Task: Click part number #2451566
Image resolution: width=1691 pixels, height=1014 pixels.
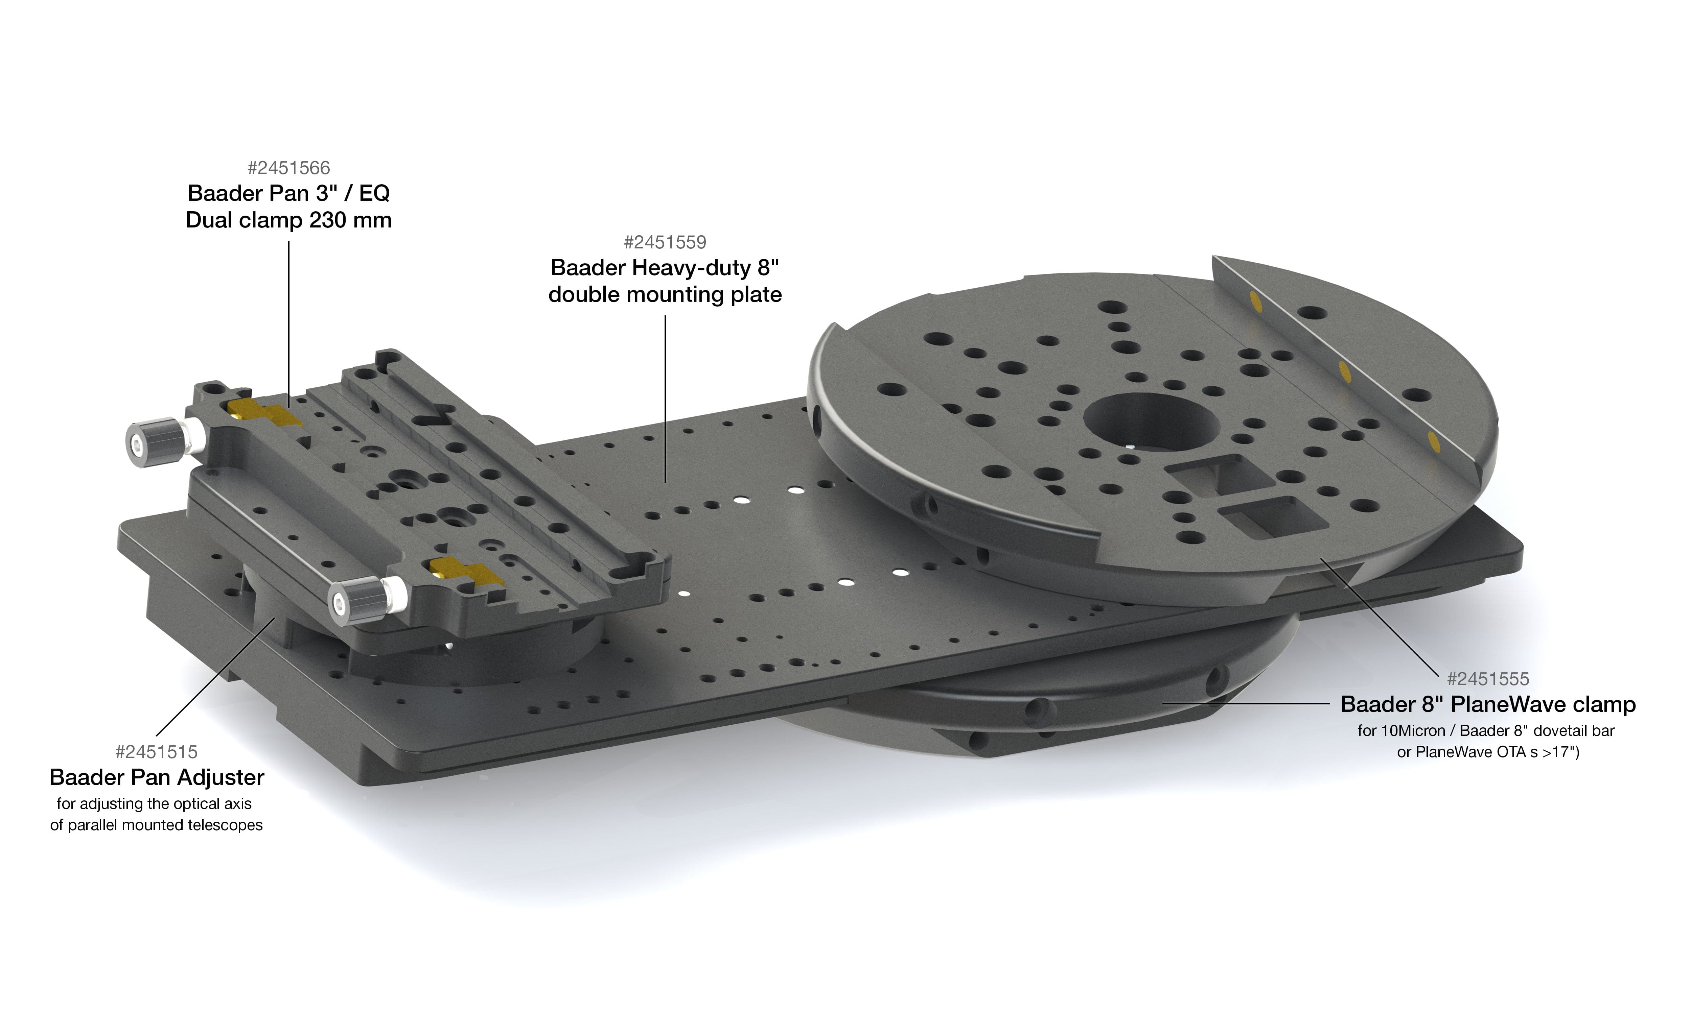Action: tap(288, 168)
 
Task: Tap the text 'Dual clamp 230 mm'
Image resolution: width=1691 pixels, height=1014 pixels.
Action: tap(288, 220)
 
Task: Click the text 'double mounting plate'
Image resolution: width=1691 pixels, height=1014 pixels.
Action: tap(665, 294)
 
